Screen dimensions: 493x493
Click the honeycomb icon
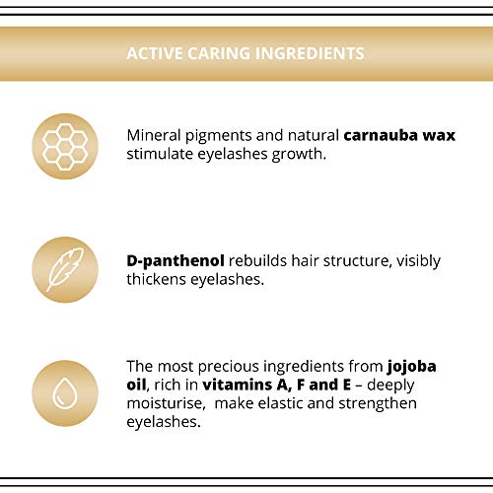click(65, 147)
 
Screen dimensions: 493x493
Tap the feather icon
click(65, 270)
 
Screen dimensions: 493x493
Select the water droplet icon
click(65, 393)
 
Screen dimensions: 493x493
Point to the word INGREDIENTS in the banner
click(310, 53)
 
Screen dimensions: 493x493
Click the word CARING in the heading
click(219, 53)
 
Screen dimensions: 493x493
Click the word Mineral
click(154, 135)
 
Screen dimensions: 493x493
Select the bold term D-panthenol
click(176, 261)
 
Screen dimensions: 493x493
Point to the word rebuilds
click(258, 261)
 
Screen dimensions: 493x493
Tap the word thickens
click(157, 280)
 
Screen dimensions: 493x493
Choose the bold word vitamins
click(238, 385)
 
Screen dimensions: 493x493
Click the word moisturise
click(166, 403)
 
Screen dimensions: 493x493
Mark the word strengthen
click(378, 404)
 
